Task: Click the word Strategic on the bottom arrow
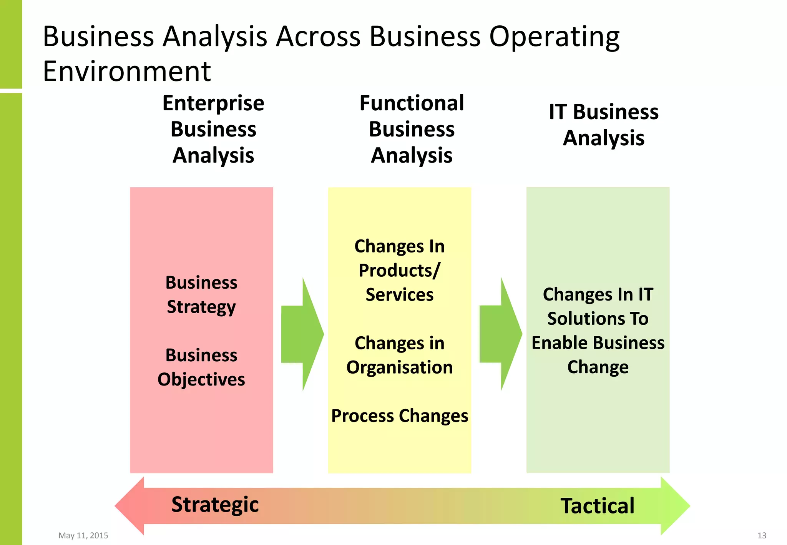point(215,505)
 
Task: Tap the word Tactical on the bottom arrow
point(597,506)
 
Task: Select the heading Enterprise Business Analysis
point(213,129)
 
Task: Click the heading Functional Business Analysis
point(412,129)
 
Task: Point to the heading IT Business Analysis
point(604,125)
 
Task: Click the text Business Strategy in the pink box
point(201,294)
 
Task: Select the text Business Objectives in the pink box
point(201,367)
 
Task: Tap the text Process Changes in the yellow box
point(400,416)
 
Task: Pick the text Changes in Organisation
point(400,355)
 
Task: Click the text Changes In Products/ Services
point(400,270)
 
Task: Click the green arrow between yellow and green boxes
point(501,334)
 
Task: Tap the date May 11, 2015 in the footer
point(83,535)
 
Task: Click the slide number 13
point(762,535)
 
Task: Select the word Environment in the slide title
point(127,71)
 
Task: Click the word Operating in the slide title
point(554,37)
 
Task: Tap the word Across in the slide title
point(319,37)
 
